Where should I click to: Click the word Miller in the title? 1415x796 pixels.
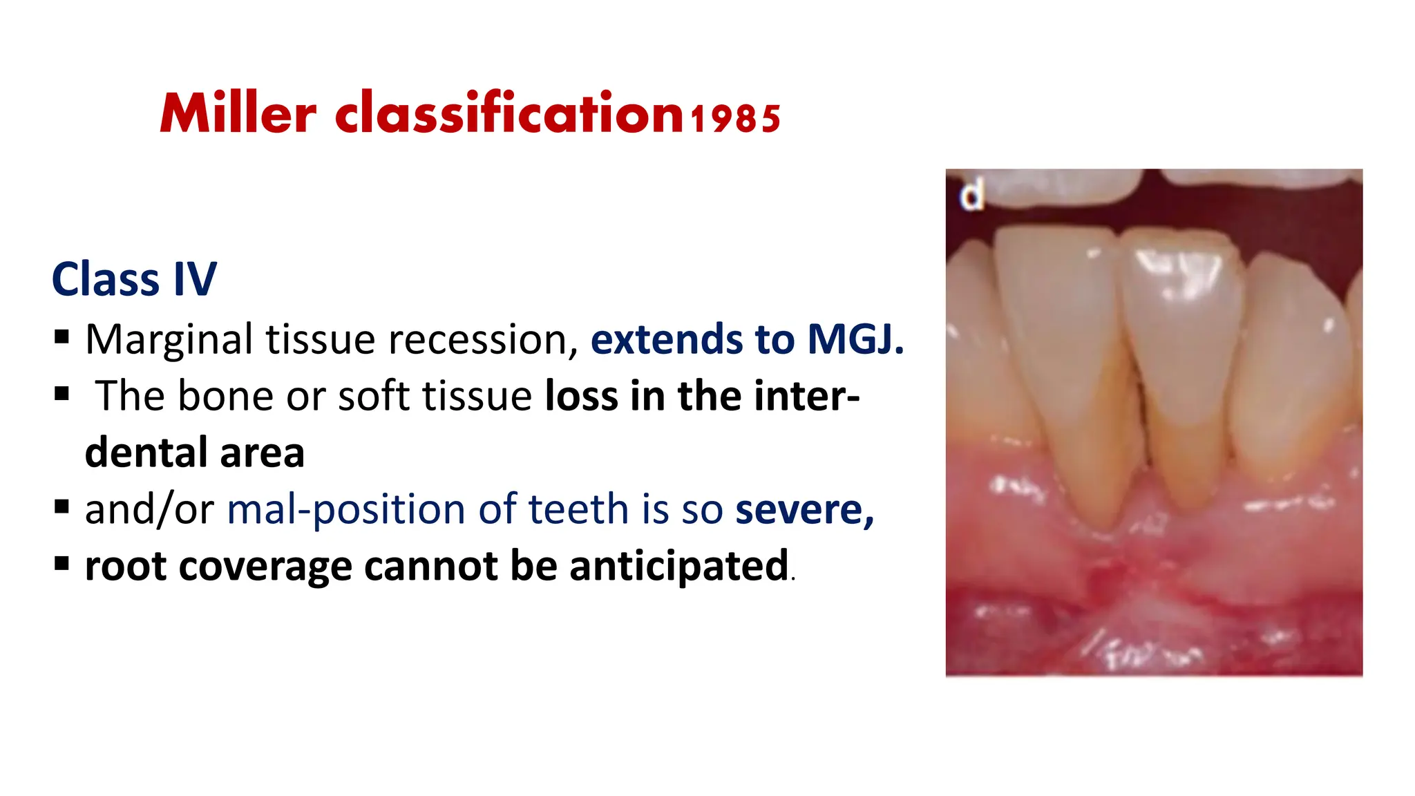pos(238,114)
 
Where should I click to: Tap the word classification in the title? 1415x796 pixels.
pos(509,114)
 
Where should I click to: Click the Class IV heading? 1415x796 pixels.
pos(134,280)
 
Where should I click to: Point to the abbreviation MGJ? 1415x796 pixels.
pos(855,339)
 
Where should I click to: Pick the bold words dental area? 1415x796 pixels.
pos(194,453)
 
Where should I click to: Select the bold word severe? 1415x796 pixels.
pos(804,510)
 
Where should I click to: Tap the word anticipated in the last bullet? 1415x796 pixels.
pos(678,566)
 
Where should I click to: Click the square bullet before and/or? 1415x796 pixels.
pos(61,508)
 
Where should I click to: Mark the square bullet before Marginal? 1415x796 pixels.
pos(61,337)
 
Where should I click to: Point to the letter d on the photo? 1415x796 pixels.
pos(971,195)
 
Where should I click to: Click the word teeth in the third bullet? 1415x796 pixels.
pos(578,510)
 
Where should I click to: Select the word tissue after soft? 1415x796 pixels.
pos(477,396)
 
